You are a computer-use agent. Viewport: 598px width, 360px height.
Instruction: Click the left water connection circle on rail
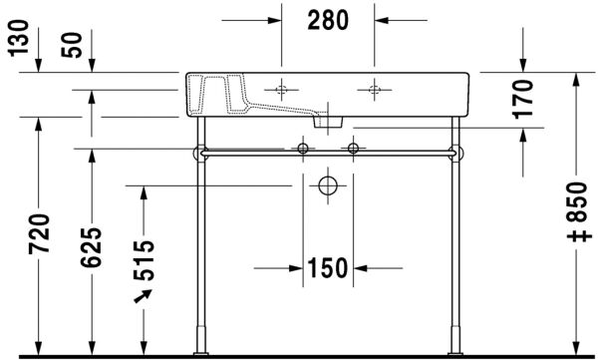pos(302,150)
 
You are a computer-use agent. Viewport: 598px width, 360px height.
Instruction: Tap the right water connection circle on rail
pos(351,150)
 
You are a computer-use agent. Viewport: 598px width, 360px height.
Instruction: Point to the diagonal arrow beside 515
pos(143,295)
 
